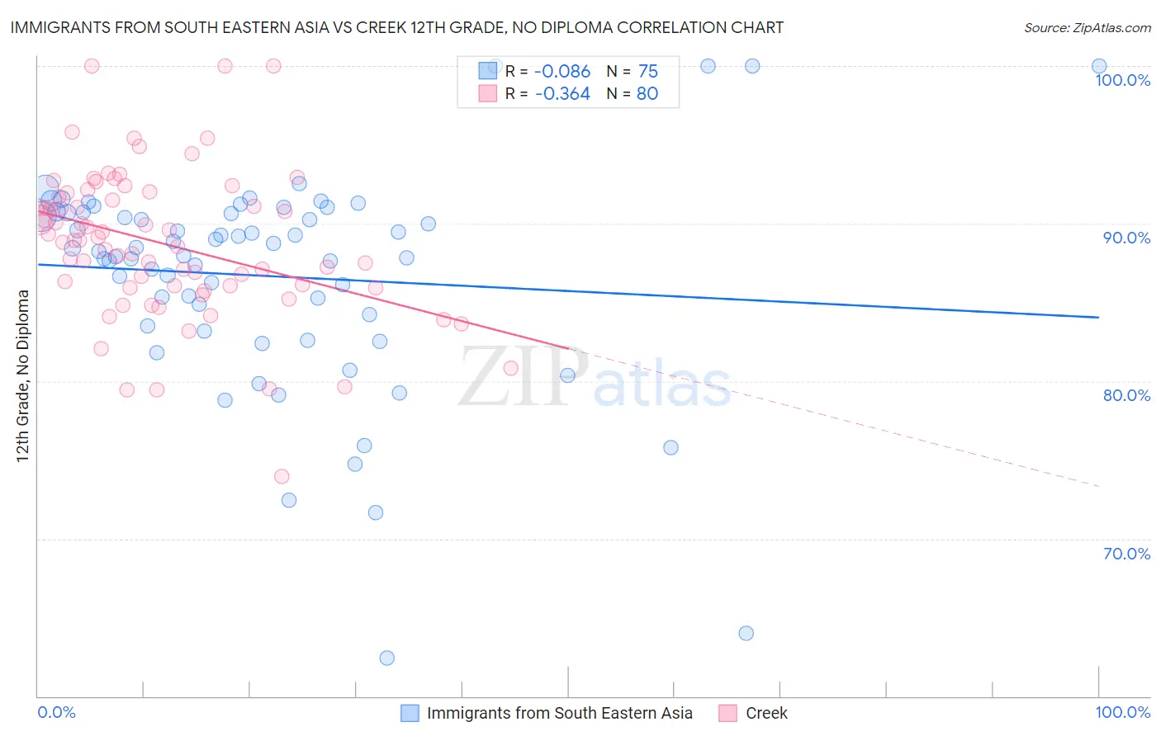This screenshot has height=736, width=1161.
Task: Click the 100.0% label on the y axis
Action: [1122, 80]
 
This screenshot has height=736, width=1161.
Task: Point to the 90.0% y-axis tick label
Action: [1126, 238]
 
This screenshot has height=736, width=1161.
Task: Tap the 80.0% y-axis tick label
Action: [1126, 395]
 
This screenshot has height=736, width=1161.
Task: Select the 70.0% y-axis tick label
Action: [1126, 554]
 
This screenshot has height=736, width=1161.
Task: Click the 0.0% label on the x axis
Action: [56, 712]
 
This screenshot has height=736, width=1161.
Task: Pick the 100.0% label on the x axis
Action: [1122, 712]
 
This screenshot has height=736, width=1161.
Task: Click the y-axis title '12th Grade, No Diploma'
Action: [23, 375]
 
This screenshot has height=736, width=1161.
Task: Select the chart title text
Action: [396, 27]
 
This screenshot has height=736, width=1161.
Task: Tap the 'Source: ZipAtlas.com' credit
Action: [1087, 27]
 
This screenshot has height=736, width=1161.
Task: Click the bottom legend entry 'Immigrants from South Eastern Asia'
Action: [559, 713]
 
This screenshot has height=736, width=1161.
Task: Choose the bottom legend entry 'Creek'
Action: [766, 713]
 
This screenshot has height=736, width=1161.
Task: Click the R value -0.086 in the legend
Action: [562, 72]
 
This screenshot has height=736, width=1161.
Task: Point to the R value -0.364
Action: [562, 94]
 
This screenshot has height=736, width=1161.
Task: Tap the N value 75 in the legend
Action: [648, 72]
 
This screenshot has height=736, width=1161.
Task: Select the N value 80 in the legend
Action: [647, 94]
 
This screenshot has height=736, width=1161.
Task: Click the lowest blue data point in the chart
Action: [386, 658]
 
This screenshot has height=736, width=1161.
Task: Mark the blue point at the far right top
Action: [1098, 66]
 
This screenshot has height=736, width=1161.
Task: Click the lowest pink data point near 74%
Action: [282, 476]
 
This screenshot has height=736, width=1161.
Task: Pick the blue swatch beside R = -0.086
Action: [488, 71]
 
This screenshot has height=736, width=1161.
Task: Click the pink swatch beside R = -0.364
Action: [488, 93]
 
